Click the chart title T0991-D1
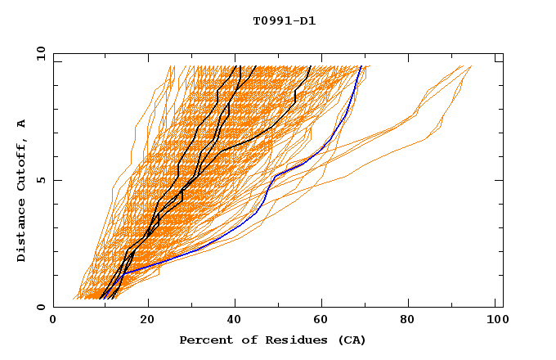pos(284,21)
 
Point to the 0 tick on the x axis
pos(53,321)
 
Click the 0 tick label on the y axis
pos(41,307)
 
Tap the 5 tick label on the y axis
pos(41,180)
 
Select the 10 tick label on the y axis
pos(38,53)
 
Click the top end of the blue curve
pos(361,66)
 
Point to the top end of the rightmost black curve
pos(310,66)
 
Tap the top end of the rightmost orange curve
pos(472,66)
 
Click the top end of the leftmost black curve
pos(236,66)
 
